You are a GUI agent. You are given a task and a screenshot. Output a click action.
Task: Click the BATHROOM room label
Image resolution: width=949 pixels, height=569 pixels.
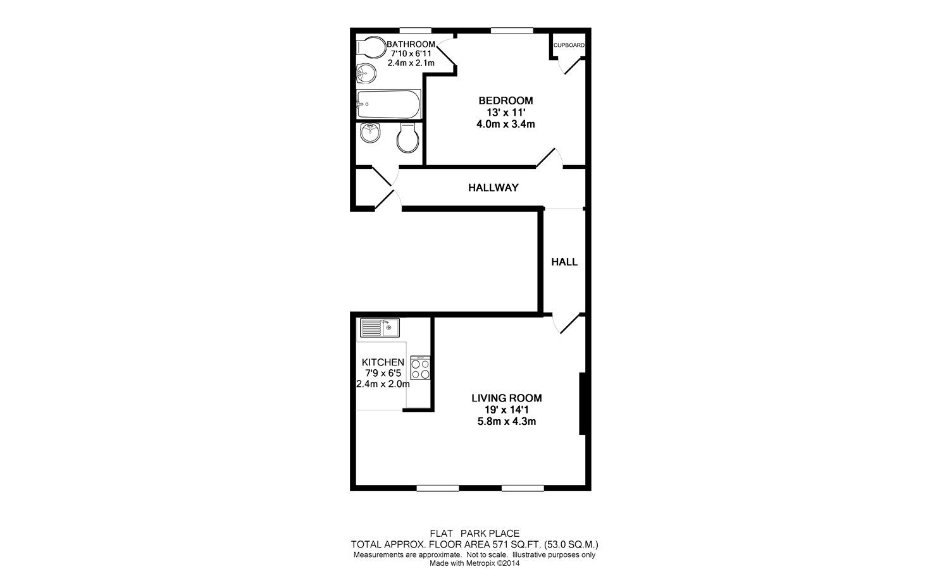pos(411,44)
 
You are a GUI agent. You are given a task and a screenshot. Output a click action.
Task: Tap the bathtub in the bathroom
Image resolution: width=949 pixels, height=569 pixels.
pos(388,104)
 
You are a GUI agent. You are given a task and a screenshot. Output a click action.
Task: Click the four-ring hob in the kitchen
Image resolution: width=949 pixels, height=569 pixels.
pos(420,368)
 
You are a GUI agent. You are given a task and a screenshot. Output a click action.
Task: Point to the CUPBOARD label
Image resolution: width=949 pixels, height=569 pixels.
pos(569,46)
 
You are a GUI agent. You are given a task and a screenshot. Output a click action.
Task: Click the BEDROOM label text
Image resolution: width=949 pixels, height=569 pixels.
pos(506,101)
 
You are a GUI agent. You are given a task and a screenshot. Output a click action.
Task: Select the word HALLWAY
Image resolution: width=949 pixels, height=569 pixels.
pos(493,188)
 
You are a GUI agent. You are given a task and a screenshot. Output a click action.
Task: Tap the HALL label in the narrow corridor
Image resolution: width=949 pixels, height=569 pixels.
pos(564,262)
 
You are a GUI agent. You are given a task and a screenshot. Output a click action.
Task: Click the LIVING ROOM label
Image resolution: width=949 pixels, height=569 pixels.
pos(506,398)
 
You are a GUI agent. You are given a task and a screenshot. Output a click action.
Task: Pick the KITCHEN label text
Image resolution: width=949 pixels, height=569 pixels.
pos(383,362)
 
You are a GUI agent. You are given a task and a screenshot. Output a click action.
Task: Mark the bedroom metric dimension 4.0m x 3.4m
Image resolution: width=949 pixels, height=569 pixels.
pos(506,124)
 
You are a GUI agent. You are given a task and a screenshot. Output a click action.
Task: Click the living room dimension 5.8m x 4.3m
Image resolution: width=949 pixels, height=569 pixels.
pos(506,421)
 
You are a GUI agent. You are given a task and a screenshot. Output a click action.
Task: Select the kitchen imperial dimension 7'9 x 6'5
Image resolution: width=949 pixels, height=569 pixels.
pos(383,373)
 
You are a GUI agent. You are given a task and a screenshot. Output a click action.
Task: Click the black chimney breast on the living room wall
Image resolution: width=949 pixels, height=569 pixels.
pos(583,404)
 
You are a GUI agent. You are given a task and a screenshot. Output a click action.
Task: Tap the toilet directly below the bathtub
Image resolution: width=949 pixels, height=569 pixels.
pos(407,138)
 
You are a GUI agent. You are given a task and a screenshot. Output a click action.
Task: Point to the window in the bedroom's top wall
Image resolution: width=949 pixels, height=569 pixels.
pos(511,30)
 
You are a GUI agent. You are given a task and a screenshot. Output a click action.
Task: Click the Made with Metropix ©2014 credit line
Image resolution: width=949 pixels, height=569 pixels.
pos(474,563)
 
